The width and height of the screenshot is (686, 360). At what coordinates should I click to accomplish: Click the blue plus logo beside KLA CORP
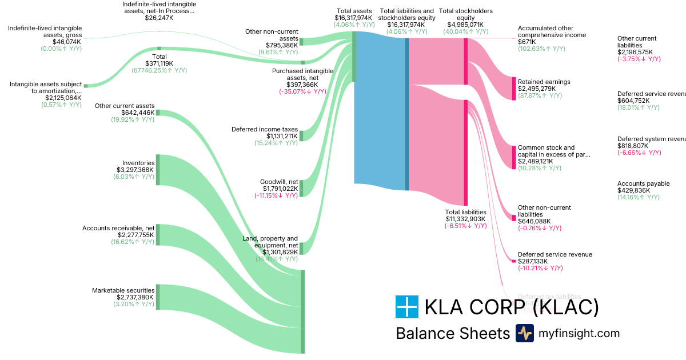pyautogui.click(x=407, y=307)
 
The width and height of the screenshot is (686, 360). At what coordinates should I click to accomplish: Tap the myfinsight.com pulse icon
pyautogui.click(x=524, y=333)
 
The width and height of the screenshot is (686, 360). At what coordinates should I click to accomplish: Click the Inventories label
pyautogui.click(x=138, y=163)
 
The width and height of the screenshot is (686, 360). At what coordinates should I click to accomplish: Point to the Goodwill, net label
pyautogui.click(x=279, y=182)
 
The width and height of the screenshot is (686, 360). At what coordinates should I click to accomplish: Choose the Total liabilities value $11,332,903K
pyautogui.click(x=465, y=219)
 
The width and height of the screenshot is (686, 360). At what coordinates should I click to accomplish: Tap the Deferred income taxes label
pyautogui.click(x=264, y=129)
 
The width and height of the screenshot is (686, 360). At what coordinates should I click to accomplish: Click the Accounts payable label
pyautogui.click(x=643, y=183)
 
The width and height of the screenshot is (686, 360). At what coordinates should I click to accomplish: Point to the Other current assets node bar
pyautogui.click(x=158, y=113)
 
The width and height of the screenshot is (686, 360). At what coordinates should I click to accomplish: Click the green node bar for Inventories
pyautogui.click(x=158, y=170)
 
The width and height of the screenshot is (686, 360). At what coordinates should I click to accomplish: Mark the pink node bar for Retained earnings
pyautogui.click(x=513, y=89)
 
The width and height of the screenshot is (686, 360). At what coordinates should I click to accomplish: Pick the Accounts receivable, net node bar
pyautogui.click(x=158, y=235)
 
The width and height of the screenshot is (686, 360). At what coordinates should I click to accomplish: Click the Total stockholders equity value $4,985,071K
pyautogui.click(x=465, y=25)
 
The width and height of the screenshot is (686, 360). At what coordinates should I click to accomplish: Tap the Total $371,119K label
pyautogui.click(x=159, y=57)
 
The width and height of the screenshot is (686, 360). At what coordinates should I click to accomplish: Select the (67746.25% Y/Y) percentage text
pyautogui.click(x=159, y=70)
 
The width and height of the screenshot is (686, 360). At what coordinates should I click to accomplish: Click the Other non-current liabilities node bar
pyautogui.click(x=513, y=218)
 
